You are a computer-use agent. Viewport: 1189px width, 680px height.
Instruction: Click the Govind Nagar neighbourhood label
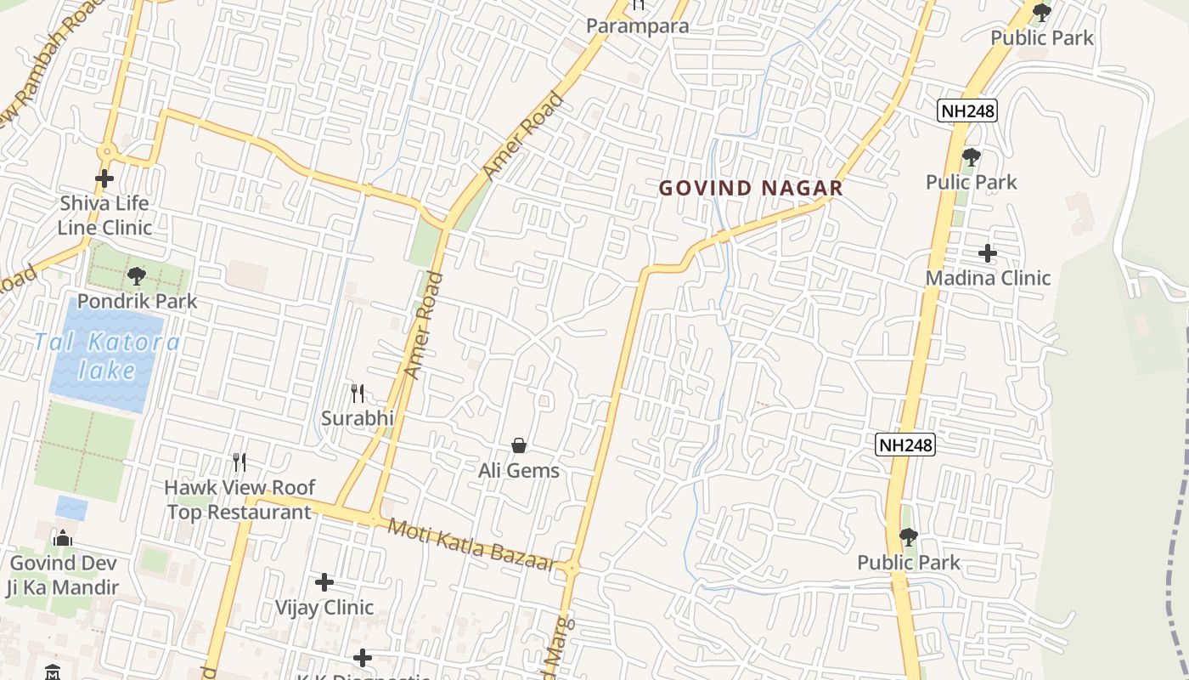tap(751, 188)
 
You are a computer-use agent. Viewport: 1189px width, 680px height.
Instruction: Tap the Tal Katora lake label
tap(107, 356)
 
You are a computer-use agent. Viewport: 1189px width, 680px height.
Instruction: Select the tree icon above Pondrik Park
tap(136, 276)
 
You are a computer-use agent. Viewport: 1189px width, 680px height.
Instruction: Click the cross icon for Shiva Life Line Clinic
tap(104, 178)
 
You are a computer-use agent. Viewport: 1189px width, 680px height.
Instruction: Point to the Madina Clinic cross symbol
tap(987, 252)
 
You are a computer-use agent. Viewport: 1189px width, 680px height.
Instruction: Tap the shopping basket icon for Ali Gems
tap(518, 445)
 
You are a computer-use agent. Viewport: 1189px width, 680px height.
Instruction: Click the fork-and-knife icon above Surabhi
tap(358, 394)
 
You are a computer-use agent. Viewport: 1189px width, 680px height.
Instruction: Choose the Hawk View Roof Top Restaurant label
tap(239, 500)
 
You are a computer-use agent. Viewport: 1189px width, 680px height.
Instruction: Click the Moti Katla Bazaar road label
tap(472, 543)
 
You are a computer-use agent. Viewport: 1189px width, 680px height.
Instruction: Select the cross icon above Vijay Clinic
tap(324, 582)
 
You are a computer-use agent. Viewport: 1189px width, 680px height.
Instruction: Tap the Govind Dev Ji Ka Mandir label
tap(64, 575)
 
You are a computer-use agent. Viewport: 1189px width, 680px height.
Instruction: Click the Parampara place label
tap(637, 25)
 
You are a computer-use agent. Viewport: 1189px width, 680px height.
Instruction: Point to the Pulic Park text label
tap(971, 182)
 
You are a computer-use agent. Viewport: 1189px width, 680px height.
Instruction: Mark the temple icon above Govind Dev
tap(62, 539)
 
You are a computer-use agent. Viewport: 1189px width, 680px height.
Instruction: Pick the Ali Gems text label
tap(518, 470)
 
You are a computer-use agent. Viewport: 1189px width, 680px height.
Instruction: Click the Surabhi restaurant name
tap(358, 418)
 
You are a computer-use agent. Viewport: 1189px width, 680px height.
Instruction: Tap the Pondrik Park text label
tap(137, 301)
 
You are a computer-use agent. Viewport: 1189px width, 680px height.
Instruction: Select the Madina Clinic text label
tap(988, 278)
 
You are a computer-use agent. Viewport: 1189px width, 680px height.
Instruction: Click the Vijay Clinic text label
tap(324, 607)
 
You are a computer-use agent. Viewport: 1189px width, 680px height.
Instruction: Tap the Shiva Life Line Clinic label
tap(104, 215)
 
